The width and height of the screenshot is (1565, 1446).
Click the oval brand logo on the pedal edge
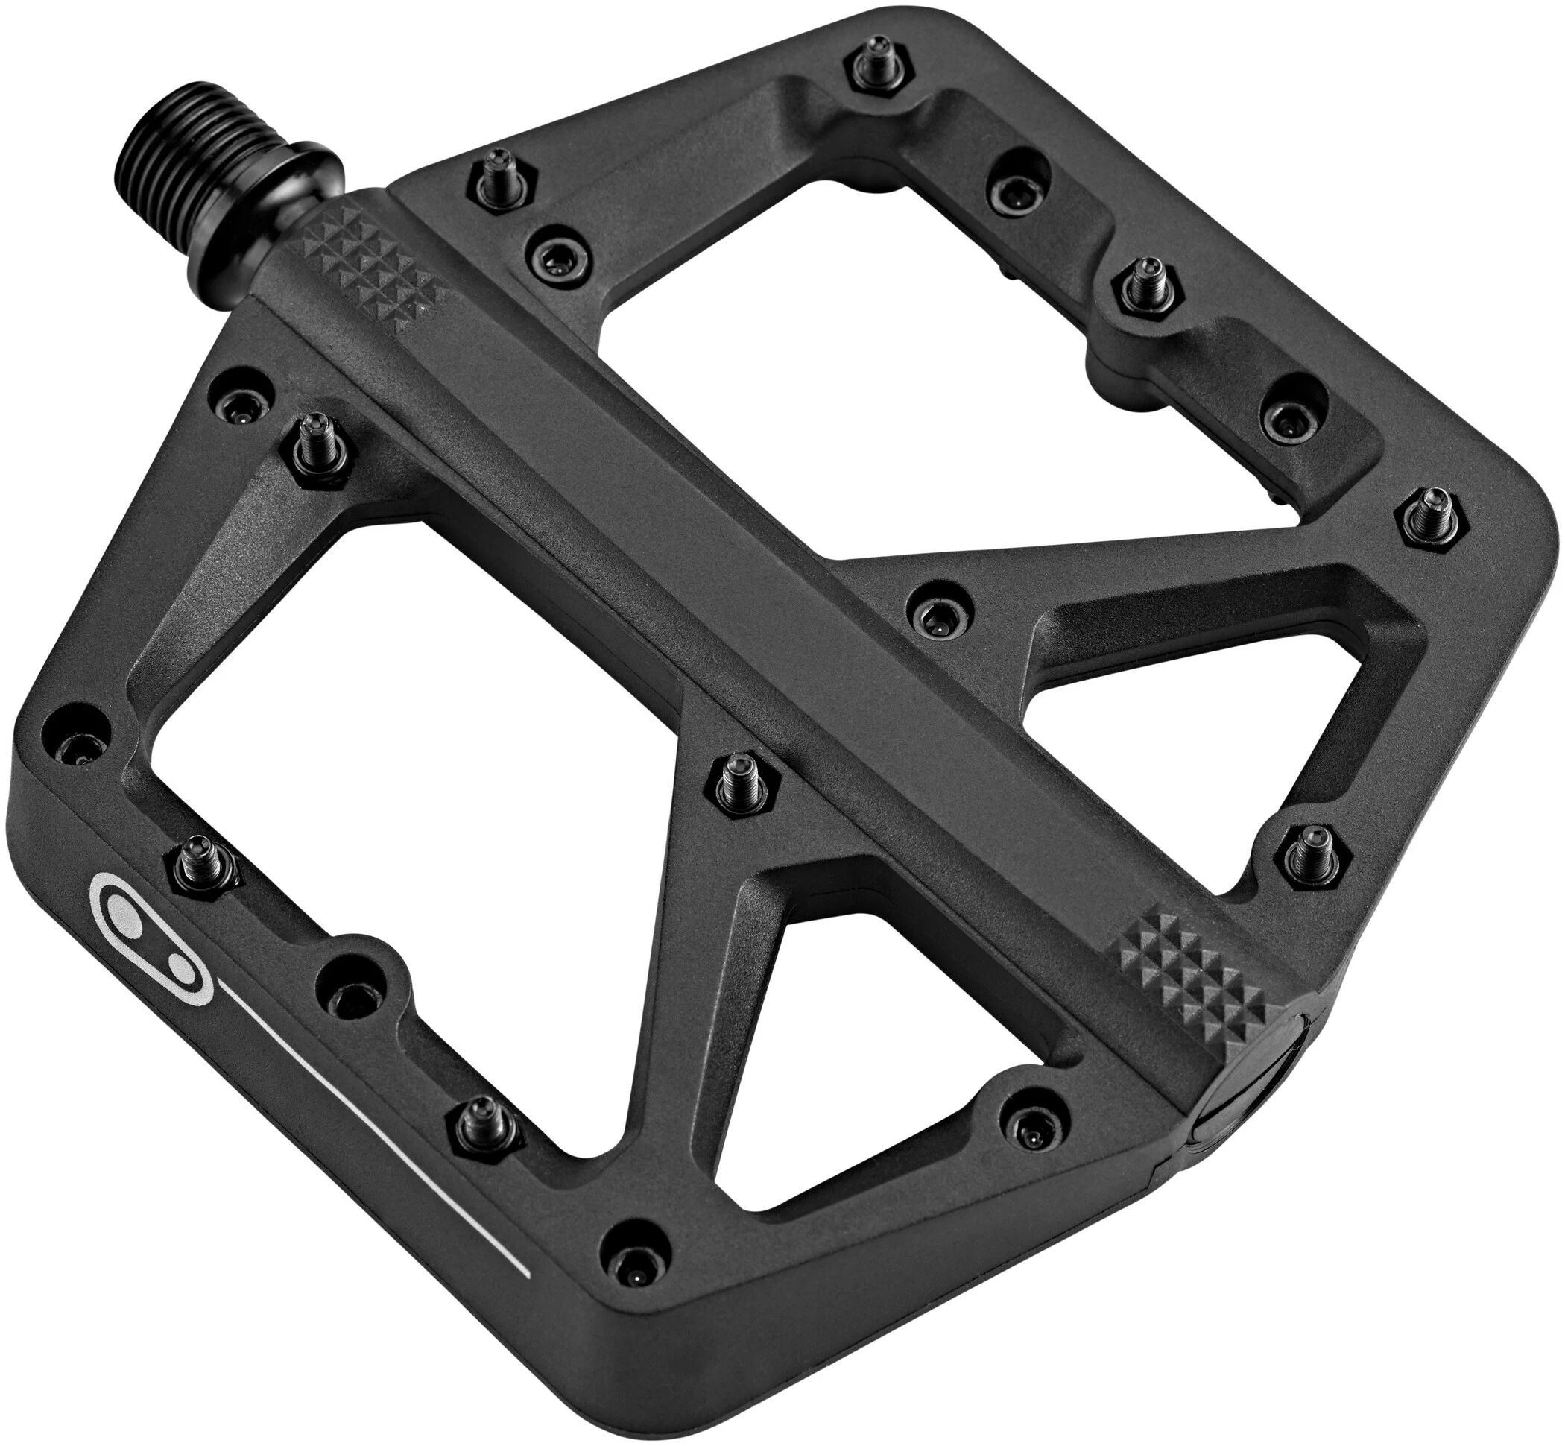[145, 932]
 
